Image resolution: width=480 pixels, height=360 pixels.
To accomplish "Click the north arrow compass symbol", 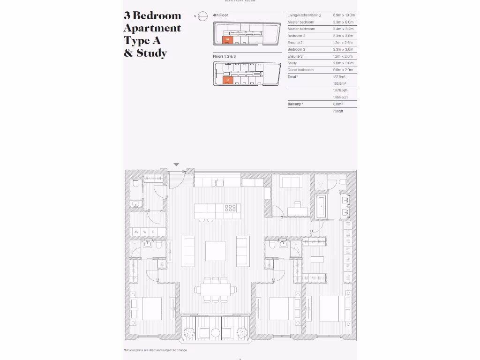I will coord(202,16).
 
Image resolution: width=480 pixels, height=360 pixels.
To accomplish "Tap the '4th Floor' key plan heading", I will coord(220,15).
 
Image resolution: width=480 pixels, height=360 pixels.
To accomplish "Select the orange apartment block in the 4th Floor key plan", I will coord(227,39).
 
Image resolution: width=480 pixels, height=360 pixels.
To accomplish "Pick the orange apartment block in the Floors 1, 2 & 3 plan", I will coord(227,80).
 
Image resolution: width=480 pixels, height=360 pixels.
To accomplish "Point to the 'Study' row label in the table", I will coord(292,63).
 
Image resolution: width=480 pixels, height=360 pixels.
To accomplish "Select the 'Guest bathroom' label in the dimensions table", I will coord(300,70).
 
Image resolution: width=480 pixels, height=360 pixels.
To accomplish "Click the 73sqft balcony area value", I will coord(338,111).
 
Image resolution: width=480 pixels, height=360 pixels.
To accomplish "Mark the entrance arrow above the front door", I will coord(176,165).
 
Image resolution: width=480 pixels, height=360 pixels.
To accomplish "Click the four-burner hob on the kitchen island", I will coord(231,209).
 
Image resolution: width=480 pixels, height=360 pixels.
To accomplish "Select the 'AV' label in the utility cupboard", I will coord(136,232).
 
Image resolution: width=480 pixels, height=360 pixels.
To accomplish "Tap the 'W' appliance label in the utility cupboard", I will coord(145,232).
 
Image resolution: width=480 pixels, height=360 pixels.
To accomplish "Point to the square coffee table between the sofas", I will coord(215,251).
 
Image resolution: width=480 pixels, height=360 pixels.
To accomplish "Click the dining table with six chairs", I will coord(216,290).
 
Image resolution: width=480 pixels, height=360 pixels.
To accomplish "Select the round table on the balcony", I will coord(215,333).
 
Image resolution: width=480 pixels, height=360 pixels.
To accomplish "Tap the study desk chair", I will coord(297,204).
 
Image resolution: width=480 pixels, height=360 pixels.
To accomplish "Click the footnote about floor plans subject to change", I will coord(155,350).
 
